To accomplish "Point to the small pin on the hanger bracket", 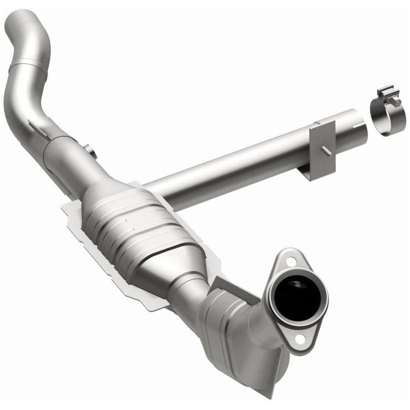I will [324, 149].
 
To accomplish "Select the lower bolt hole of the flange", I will [300, 339].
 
